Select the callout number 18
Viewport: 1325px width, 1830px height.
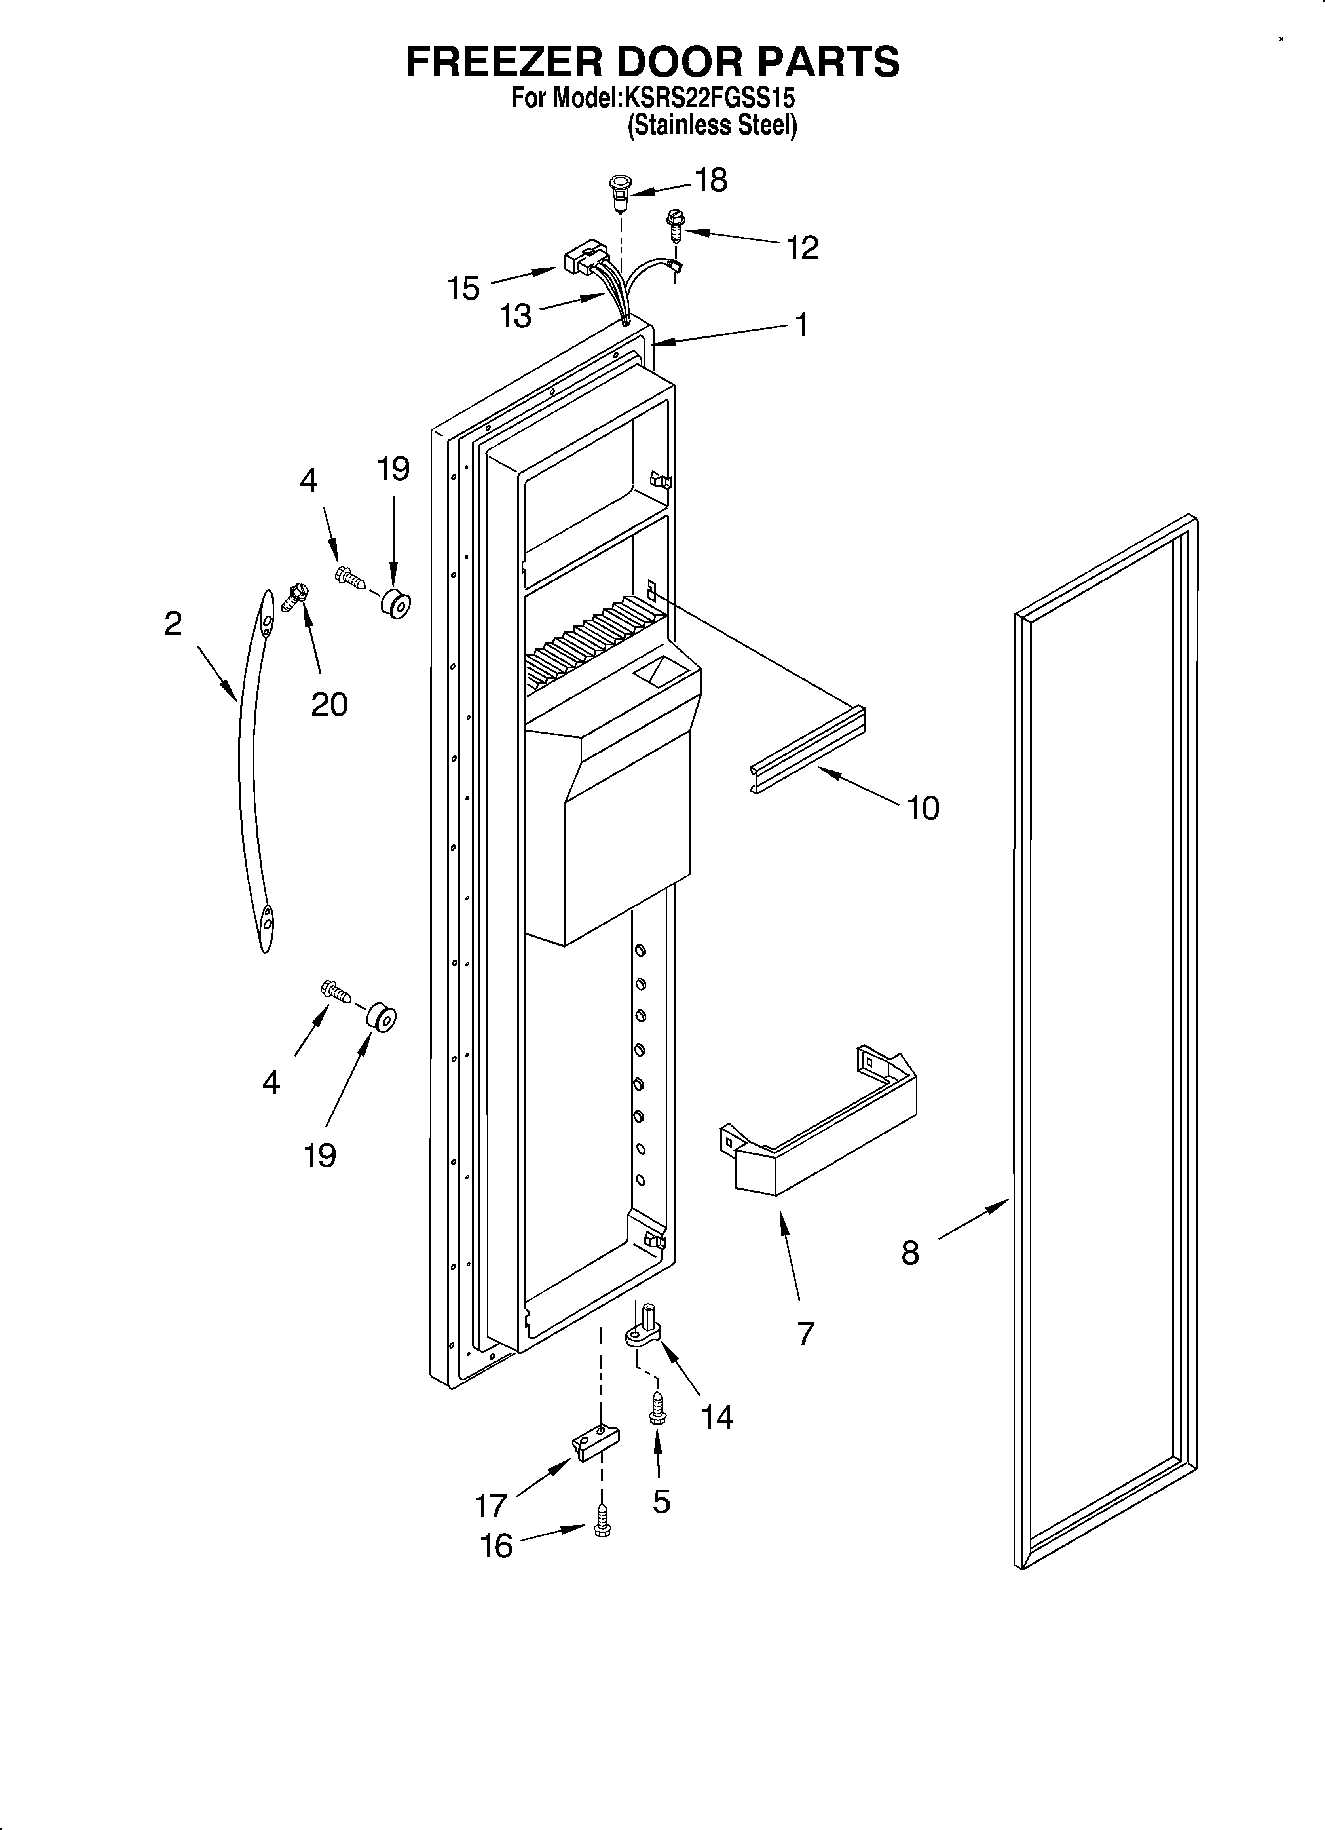711,181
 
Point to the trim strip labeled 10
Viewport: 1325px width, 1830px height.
807,751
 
